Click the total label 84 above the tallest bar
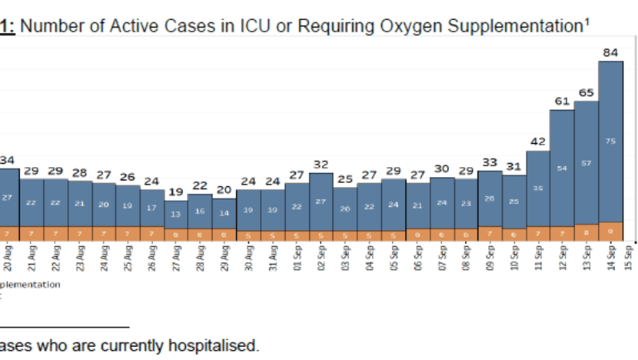(x=610, y=52)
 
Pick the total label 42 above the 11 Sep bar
(x=538, y=142)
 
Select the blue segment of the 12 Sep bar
(x=562, y=168)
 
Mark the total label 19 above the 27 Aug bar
(x=176, y=192)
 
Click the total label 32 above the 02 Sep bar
(x=321, y=164)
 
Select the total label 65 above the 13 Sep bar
(x=586, y=92)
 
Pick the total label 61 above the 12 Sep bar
(x=562, y=102)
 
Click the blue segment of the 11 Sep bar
(x=538, y=188)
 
